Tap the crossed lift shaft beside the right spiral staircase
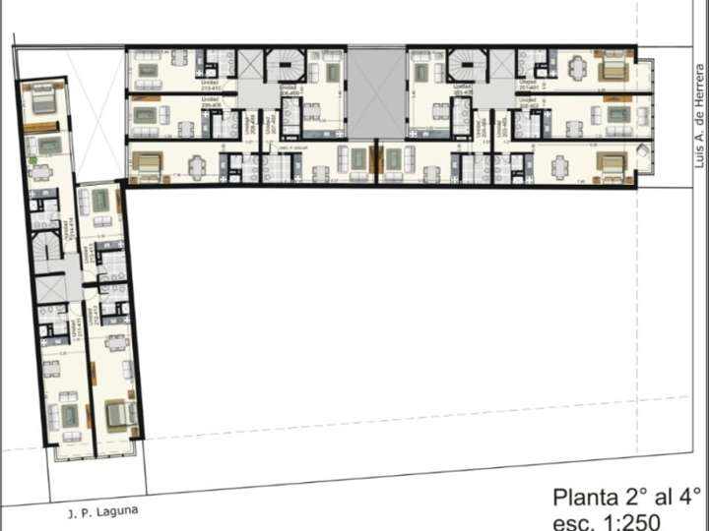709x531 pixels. (x=501, y=66)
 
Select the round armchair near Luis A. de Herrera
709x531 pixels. (x=641, y=150)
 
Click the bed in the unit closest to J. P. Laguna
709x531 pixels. (x=118, y=415)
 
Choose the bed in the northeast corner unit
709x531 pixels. (x=612, y=69)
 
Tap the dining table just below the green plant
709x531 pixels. (x=41, y=173)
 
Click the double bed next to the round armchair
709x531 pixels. (x=610, y=165)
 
